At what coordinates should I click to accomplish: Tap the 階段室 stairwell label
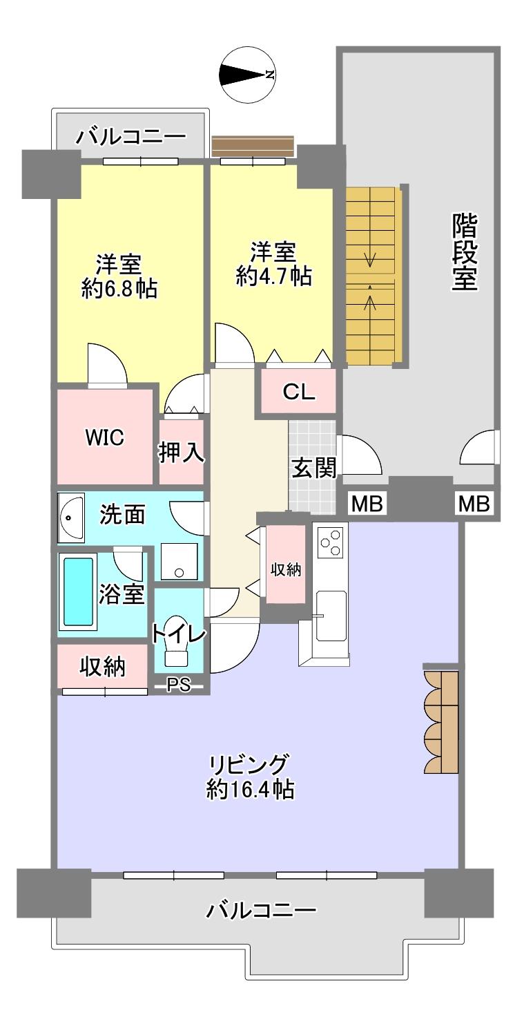[x=466, y=252]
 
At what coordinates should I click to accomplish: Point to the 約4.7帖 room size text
[x=273, y=276]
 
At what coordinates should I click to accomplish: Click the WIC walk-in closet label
[x=104, y=438]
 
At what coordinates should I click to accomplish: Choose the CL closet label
[x=299, y=392]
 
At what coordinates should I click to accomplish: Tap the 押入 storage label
[x=181, y=453]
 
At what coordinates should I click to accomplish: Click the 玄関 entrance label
[x=313, y=468]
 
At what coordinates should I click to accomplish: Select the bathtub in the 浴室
[x=78, y=591]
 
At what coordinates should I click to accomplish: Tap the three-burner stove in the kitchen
[x=331, y=542]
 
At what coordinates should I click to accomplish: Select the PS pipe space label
[x=178, y=685]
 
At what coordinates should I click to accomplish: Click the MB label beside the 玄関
[x=367, y=504]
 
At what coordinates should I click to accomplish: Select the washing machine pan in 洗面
[x=178, y=561]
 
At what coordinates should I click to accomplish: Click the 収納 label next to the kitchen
[x=285, y=569]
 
